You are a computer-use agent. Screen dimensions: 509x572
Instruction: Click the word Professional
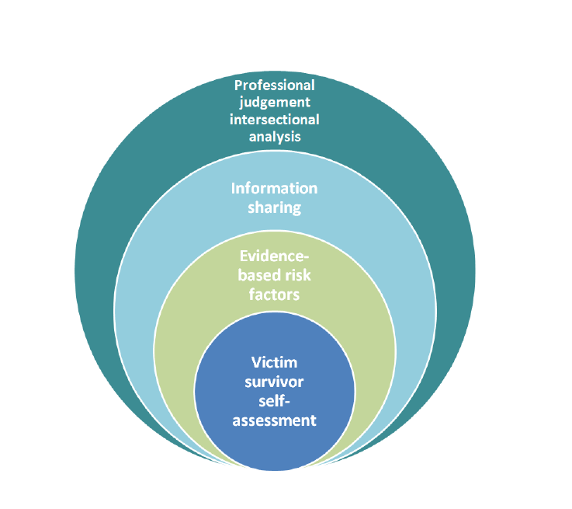[x=275, y=85]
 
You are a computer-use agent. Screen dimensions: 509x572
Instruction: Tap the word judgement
[x=274, y=102]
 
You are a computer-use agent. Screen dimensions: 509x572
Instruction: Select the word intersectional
[x=275, y=119]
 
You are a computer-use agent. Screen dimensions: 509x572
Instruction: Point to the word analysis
[x=275, y=136]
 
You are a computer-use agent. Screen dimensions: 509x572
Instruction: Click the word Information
[x=275, y=190]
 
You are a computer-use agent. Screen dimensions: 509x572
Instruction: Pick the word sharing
[x=275, y=207]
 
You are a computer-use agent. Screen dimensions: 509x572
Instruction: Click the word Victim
[x=274, y=362]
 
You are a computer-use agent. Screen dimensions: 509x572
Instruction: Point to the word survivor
[x=274, y=382]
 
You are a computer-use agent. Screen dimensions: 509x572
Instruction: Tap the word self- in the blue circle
[x=274, y=401]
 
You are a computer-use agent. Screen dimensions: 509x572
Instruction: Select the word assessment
[x=274, y=420]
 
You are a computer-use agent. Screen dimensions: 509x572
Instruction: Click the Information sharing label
[x=275, y=198]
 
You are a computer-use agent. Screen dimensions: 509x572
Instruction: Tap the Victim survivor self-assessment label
[x=274, y=392]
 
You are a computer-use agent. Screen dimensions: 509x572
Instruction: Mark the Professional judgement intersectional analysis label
[x=275, y=110]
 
